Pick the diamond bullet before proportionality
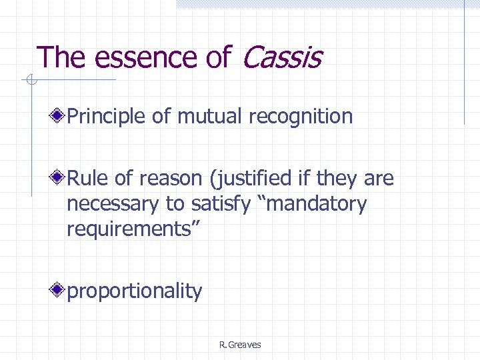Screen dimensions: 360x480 pos(59,291)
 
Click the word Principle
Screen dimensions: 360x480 pos(107,117)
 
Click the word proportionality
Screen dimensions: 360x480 pos(134,291)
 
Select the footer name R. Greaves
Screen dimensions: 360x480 pos(239,345)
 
